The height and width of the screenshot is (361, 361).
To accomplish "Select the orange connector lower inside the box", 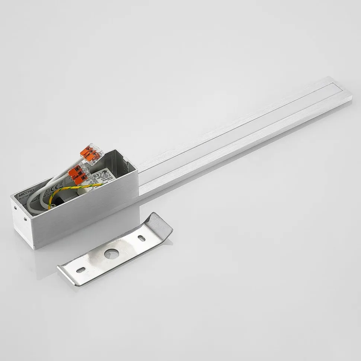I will (80, 174).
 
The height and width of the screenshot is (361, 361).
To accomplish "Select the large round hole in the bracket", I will (109, 254).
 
